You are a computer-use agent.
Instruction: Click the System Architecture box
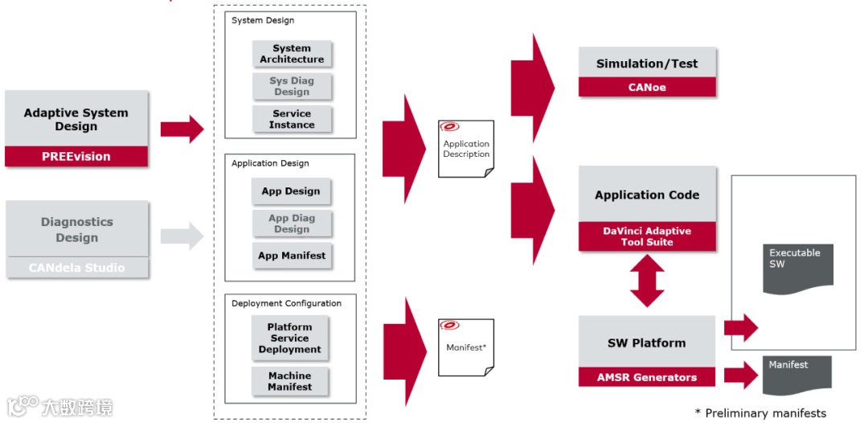292,54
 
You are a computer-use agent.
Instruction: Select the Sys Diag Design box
292,86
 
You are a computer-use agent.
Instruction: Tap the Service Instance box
292,119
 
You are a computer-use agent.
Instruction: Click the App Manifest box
292,256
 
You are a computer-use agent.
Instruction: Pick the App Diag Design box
292,224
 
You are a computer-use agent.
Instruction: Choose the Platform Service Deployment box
290,339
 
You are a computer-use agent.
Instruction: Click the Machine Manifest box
290,381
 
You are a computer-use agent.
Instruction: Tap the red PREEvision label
76,157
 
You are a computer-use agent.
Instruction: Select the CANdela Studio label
77,268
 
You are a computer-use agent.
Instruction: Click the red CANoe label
647,88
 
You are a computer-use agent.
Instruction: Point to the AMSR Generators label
647,376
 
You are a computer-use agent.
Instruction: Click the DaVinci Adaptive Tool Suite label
647,236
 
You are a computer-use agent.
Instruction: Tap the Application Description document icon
466,149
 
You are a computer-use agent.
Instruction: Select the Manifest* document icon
466,347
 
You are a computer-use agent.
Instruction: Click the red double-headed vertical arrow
647,282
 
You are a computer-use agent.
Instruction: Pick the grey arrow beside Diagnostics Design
182,236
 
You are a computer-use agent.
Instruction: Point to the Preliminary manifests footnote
760,413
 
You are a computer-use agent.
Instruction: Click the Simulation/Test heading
647,64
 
